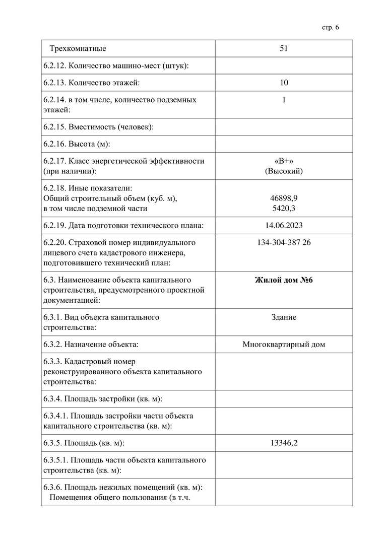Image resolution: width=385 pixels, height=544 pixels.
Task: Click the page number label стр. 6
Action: (x=330, y=27)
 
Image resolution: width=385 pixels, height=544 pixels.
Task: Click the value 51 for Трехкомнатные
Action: (x=284, y=49)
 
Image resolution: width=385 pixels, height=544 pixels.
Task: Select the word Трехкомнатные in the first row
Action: (x=78, y=49)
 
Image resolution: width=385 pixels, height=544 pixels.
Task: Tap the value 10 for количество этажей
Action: (x=284, y=83)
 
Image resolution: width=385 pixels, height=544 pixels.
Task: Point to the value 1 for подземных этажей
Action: (x=284, y=100)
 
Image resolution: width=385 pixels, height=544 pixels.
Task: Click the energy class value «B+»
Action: (x=284, y=161)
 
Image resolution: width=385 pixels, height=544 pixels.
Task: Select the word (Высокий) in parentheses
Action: (x=284, y=171)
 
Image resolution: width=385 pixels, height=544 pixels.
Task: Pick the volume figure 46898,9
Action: (x=284, y=198)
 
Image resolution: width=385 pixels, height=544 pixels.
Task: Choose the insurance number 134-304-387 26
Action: (x=284, y=243)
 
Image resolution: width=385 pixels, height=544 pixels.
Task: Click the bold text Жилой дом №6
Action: (x=284, y=280)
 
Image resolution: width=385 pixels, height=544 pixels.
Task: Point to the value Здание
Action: (x=284, y=317)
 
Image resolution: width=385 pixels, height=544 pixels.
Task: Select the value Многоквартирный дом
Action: (x=284, y=345)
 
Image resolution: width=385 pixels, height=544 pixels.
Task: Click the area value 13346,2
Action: (x=284, y=443)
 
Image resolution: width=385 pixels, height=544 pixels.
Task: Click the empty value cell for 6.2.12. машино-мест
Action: (x=284, y=65)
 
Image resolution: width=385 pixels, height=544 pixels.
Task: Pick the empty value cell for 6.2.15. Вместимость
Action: (x=284, y=127)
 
